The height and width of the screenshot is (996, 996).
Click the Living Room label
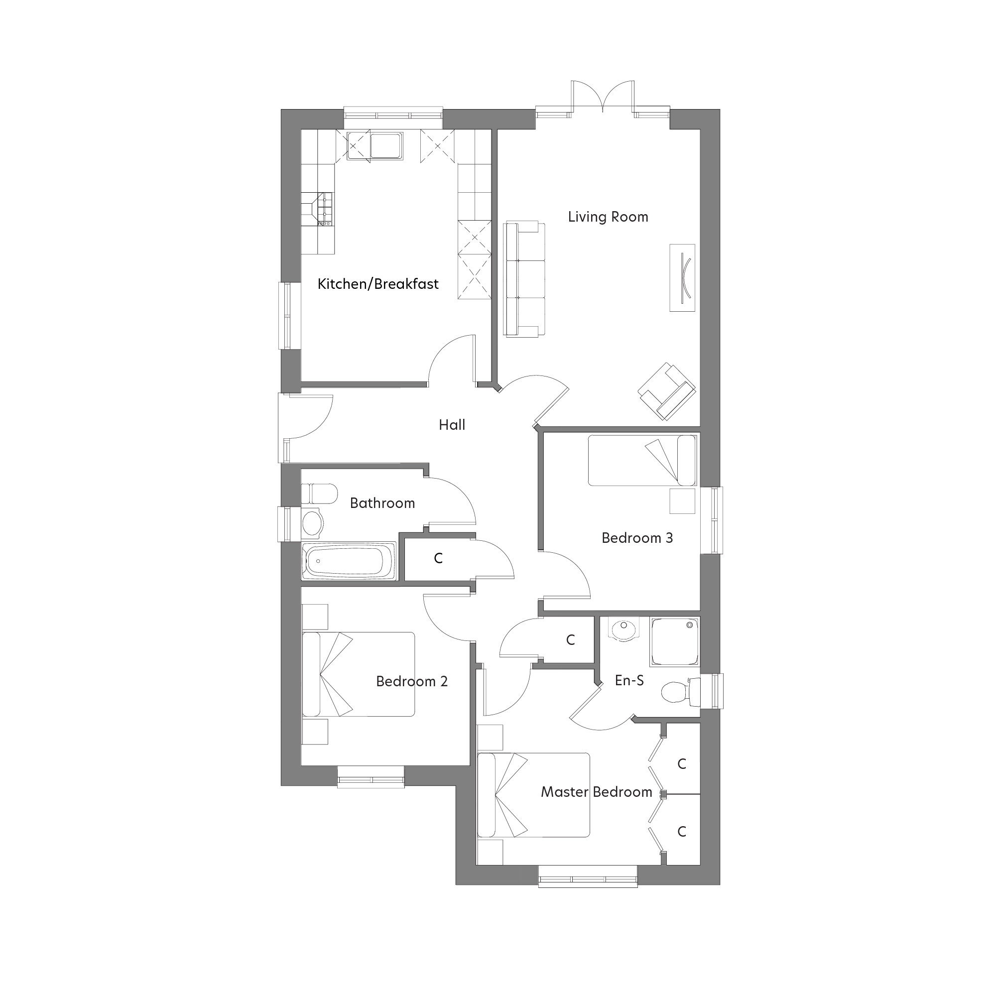click(608, 217)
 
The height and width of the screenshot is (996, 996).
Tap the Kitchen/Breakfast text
click(378, 284)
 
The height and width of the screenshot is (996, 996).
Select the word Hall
click(452, 425)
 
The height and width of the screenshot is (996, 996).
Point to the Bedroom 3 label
click(637, 538)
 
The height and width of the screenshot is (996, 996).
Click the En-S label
click(629, 680)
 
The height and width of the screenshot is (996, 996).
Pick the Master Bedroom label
click(597, 792)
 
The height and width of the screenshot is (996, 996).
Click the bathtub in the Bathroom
click(349, 561)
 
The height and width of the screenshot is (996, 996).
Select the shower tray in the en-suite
click(675, 641)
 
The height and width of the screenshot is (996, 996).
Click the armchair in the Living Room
click(667, 391)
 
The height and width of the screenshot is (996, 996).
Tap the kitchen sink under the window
click(385, 145)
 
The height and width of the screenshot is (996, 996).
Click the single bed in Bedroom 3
click(642, 460)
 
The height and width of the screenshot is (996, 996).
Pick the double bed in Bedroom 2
click(358, 674)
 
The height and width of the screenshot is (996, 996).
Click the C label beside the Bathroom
click(438, 558)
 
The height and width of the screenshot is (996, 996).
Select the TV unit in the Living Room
click(682, 277)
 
